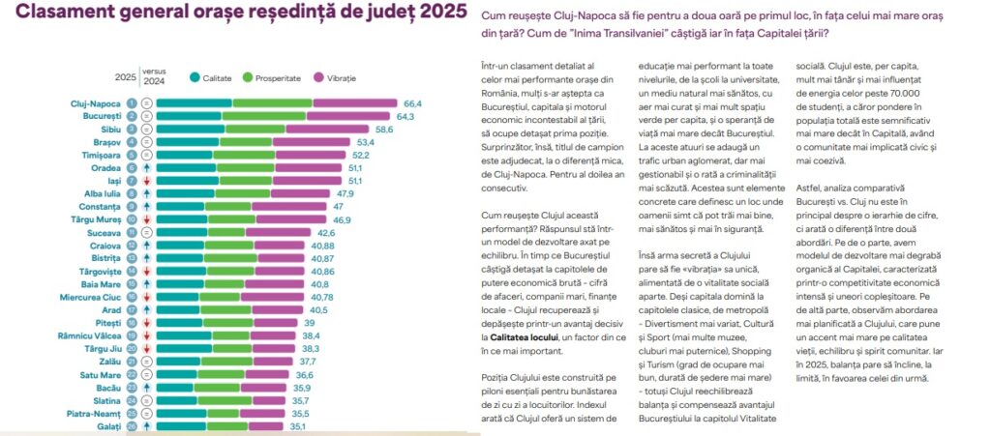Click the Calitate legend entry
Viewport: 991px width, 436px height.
pos(218,76)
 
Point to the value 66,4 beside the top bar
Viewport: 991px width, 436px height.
pos(413,102)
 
